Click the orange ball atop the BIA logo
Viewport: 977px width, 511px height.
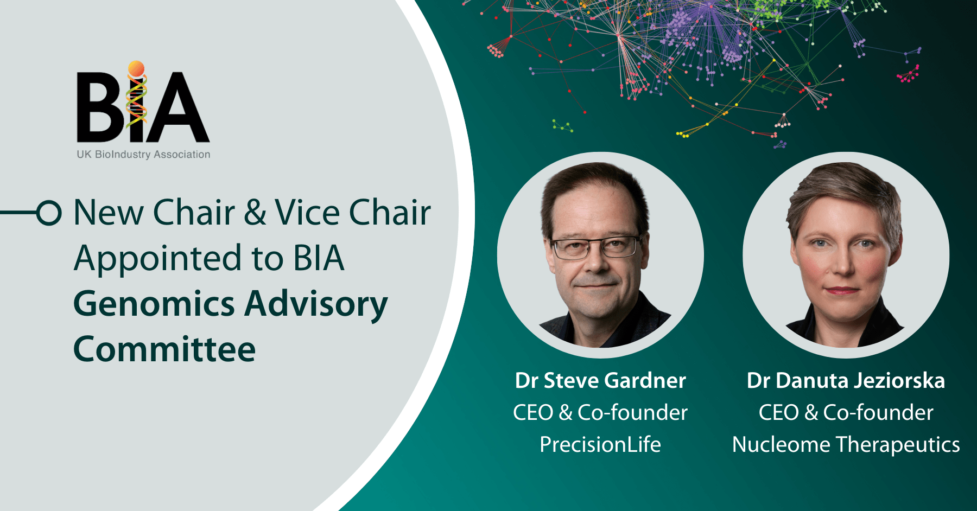coord(136,68)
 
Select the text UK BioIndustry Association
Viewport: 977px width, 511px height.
coord(143,155)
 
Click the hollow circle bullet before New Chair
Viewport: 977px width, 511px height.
coord(49,212)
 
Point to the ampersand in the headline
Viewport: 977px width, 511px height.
coord(255,212)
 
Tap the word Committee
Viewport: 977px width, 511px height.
coord(164,349)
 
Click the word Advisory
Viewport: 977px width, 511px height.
coord(316,304)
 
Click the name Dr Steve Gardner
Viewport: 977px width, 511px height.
coord(600,381)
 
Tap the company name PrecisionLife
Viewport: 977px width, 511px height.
coord(600,445)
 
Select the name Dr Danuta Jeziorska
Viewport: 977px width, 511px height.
coord(846,381)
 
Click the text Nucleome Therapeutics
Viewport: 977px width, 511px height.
coord(846,445)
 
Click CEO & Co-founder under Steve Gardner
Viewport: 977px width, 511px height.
coord(600,413)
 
